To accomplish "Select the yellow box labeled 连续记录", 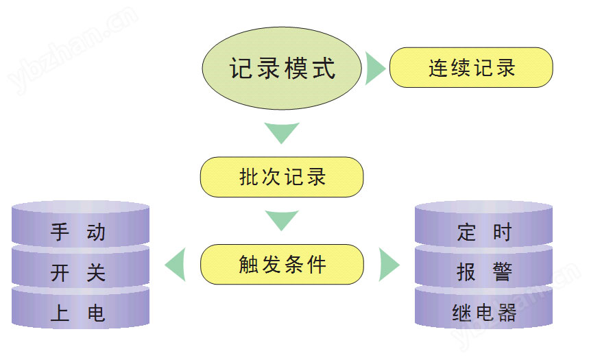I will click(x=471, y=68).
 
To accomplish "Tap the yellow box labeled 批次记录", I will click(x=281, y=177).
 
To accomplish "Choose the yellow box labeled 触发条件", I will click(x=281, y=265).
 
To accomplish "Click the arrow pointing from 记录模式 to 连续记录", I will click(x=374, y=68).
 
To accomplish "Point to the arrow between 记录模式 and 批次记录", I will click(x=282, y=132).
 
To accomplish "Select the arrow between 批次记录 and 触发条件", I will click(x=282, y=220).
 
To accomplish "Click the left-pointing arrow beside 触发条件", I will click(x=176, y=265).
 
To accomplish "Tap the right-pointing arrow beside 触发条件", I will click(x=388, y=265).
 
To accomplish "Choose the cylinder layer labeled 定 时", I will click(x=484, y=232).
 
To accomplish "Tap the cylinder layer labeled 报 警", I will click(x=484, y=274).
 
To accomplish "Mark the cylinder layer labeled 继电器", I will click(x=484, y=314).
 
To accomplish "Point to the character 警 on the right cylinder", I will click(x=503, y=273).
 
